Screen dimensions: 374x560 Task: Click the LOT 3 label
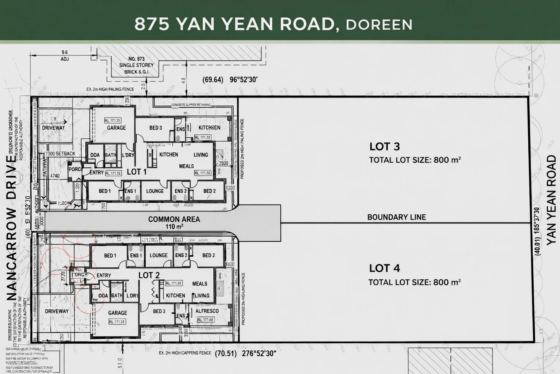click(385, 146)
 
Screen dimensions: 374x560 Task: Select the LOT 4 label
click(385, 268)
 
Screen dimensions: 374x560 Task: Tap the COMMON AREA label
click(174, 219)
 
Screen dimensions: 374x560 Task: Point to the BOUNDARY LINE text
click(396, 217)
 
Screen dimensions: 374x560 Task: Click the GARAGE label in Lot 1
click(116, 128)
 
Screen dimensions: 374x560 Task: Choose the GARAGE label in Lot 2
click(117, 313)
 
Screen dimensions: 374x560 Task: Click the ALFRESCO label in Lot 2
click(207, 311)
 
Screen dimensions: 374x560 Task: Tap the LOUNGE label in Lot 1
click(155, 191)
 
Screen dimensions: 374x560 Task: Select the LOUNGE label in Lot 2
click(159, 255)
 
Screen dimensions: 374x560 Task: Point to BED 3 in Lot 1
click(156, 128)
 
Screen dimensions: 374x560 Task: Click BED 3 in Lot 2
click(159, 311)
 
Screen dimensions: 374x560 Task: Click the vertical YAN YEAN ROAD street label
click(551, 200)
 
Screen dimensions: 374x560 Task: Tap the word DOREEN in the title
click(379, 24)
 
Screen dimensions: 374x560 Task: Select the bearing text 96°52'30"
click(244, 79)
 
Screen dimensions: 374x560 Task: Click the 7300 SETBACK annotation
click(60, 153)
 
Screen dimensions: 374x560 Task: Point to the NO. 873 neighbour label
click(136, 59)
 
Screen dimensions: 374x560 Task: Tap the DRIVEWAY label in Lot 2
click(57, 311)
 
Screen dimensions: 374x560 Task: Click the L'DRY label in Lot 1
click(128, 155)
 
